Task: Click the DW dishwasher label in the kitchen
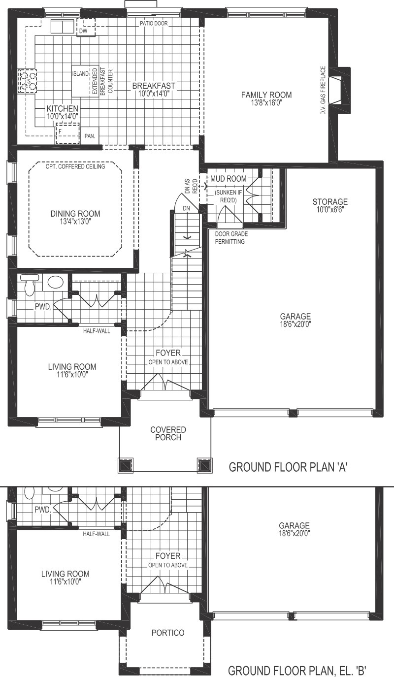pyautogui.click(x=83, y=32)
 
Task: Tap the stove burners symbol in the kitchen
pyautogui.click(x=27, y=81)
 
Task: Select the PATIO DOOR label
pyautogui.click(x=154, y=23)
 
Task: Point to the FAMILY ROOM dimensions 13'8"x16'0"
pyautogui.click(x=266, y=103)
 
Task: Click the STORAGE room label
pyautogui.click(x=330, y=202)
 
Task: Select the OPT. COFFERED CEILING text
pyautogui.click(x=75, y=166)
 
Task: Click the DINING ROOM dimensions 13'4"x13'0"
pyautogui.click(x=75, y=222)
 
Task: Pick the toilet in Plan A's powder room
pyautogui.click(x=29, y=284)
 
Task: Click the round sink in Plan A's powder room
pyautogui.click(x=55, y=282)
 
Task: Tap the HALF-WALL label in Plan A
pyautogui.click(x=97, y=330)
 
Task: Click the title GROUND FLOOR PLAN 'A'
pyautogui.click(x=288, y=467)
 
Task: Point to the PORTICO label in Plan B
pyautogui.click(x=168, y=633)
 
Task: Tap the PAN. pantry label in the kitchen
pyautogui.click(x=90, y=135)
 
